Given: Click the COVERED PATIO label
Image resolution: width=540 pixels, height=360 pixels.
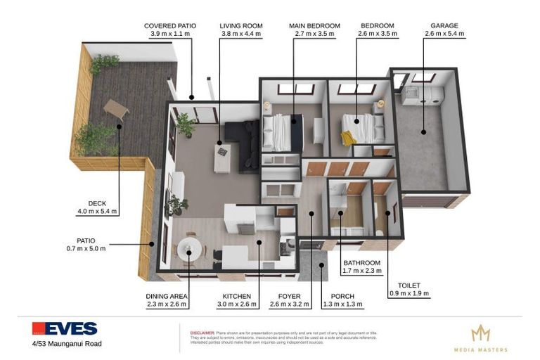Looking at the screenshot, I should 169,26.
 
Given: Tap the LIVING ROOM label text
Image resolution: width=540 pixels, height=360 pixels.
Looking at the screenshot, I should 240,26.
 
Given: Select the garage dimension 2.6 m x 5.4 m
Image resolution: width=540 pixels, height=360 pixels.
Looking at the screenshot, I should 444,34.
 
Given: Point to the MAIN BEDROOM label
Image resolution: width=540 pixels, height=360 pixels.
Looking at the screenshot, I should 314,26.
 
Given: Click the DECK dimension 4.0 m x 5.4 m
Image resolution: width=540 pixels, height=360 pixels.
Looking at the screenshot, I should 97,211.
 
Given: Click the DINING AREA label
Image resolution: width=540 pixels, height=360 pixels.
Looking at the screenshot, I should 167,296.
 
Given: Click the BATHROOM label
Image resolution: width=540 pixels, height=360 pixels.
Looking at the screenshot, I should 361,262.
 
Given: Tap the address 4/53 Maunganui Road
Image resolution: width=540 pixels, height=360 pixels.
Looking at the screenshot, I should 66,344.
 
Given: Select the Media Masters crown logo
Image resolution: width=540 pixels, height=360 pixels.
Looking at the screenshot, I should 480,333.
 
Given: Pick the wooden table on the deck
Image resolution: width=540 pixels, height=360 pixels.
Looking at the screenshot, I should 116,108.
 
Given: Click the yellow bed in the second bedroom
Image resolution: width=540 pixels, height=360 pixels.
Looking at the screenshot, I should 357,128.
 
